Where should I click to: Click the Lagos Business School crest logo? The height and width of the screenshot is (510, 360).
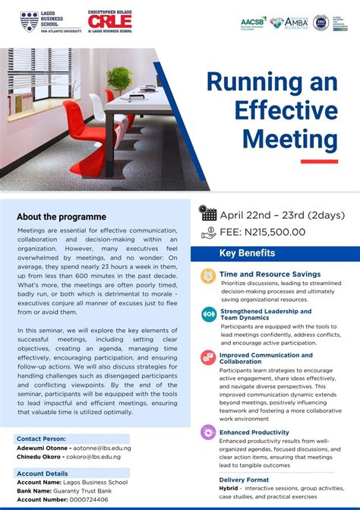click(30, 21)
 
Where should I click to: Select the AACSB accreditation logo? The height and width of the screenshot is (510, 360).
click(253, 23)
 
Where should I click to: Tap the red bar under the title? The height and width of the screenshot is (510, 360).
click(319, 161)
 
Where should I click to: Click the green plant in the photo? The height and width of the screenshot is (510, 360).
click(119, 79)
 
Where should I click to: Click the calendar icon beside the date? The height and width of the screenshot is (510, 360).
click(208, 214)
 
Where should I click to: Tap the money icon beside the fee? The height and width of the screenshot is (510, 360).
click(208, 233)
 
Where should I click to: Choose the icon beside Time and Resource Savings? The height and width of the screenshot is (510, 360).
click(208, 277)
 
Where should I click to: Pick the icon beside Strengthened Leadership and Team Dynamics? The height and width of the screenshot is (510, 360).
click(208, 315)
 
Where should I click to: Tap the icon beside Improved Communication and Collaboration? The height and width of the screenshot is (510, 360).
click(208, 357)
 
